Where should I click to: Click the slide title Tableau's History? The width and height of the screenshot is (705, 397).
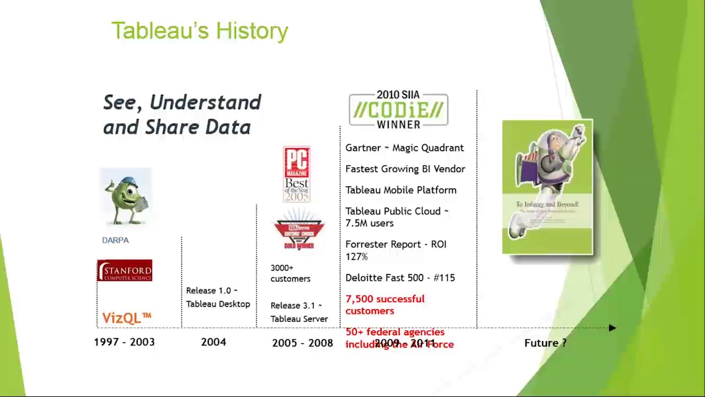coord(199,31)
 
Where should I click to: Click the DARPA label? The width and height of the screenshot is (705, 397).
coord(115,240)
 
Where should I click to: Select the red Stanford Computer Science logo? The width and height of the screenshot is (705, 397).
coord(124,271)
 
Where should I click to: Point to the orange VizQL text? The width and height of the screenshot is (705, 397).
coord(126,318)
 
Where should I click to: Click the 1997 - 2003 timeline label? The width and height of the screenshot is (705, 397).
coord(124,342)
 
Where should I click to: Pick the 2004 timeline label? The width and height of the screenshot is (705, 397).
coord(213,342)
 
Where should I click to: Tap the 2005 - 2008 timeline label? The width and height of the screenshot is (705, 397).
coord(302,343)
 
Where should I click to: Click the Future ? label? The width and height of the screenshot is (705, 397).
coord(545,343)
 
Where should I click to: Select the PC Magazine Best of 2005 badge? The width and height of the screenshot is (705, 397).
coord(297,174)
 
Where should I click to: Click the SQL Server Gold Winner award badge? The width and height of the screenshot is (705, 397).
coord(299,230)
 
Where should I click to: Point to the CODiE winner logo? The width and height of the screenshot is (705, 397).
coord(398,110)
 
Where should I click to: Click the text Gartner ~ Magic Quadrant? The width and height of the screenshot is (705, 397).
coord(404,148)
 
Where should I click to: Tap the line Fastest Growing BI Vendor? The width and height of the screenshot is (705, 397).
coord(405,169)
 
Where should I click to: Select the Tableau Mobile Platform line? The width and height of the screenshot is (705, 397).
coord(400,190)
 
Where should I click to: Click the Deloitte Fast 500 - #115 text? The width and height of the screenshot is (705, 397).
coord(400,278)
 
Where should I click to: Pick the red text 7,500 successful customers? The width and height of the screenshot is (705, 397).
coord(384,305)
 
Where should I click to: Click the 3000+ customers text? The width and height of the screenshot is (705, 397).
coord(290,273)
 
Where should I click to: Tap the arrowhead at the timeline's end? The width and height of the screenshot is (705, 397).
coord(612,328)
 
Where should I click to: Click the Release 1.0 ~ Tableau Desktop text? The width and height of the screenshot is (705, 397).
coord(218,297)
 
